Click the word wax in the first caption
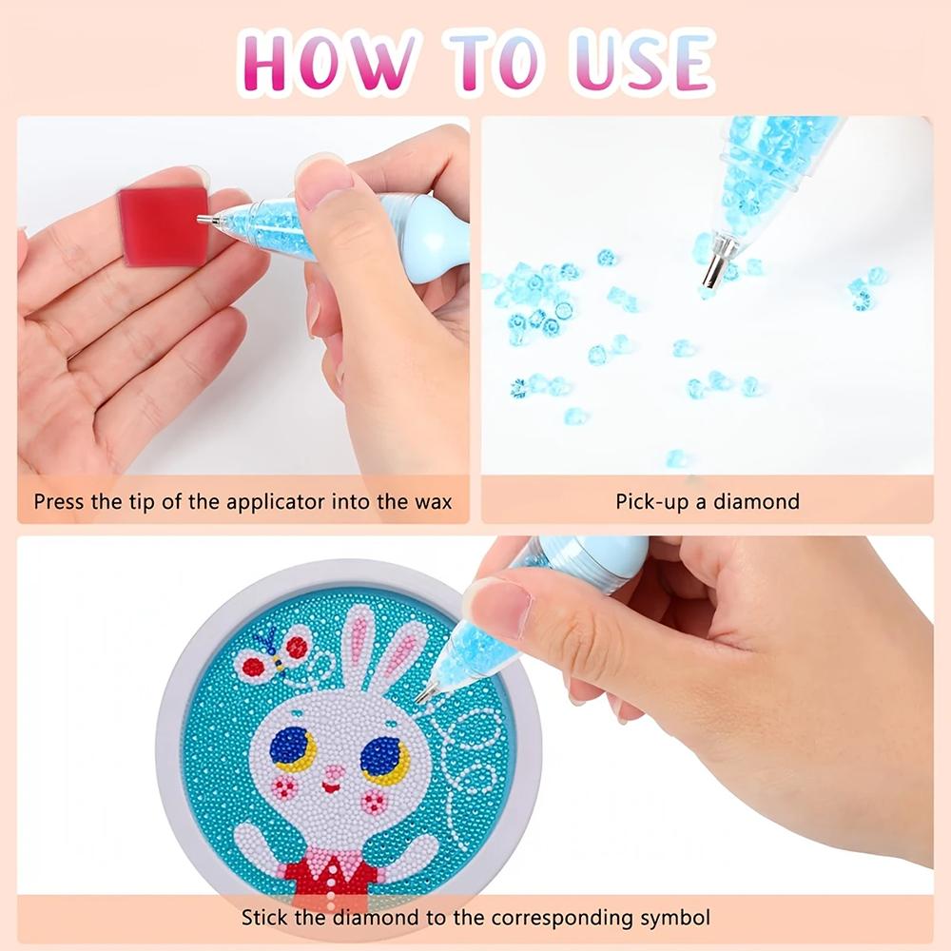tap(434, 501)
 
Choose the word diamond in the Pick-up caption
tap(760, 501)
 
